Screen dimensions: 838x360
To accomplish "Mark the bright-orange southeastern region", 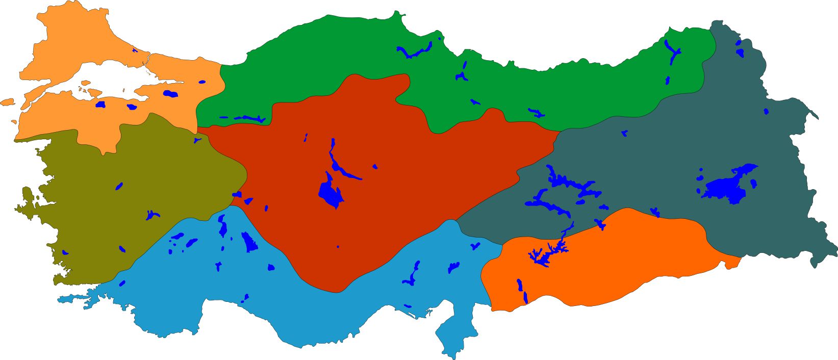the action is [612, 265].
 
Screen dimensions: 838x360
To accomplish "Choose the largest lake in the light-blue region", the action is [249, 242].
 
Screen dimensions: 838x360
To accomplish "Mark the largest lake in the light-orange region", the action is [170, 94].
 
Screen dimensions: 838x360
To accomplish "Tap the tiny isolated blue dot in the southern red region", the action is [338, 247].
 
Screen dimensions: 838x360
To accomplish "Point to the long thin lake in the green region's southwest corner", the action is [245, 118].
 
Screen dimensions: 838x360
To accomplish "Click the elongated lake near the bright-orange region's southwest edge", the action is [523, 291].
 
